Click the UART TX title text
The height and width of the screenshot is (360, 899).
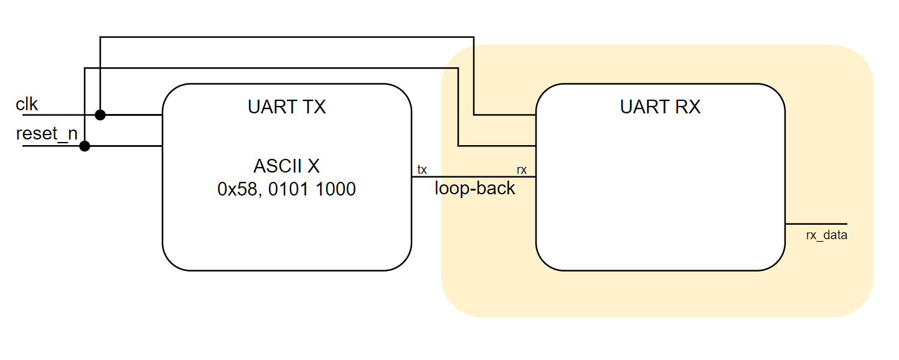pos(286,107)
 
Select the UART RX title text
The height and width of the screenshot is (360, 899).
pos(660,107)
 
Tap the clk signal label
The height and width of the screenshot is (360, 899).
pos(27,105)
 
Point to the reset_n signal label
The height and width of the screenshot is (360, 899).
pos(47,134)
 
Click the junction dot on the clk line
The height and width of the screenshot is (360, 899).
pos(100,115)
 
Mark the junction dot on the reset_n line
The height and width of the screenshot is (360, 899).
pos(85,146)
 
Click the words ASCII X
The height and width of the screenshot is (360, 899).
pos(286,166)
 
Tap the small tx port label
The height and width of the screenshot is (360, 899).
pos(422,169)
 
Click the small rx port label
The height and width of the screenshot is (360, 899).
pos(522,169)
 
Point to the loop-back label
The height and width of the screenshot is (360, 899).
pos(474,188)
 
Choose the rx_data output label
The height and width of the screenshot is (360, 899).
pos(826,235)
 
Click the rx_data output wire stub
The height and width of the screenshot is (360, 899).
pos(816,223)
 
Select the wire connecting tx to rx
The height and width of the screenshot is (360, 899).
pos(473,177)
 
